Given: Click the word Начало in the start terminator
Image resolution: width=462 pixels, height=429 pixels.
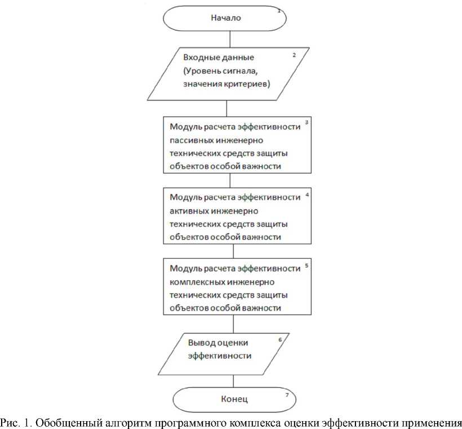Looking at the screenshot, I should point(226,17).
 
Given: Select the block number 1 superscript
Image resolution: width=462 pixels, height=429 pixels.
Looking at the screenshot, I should point(278,10).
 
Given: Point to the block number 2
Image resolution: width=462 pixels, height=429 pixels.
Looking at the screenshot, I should point(294,55).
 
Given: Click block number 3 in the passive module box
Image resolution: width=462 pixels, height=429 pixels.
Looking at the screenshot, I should point(306,123).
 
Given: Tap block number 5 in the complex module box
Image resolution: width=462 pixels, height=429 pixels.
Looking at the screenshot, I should point(306,264).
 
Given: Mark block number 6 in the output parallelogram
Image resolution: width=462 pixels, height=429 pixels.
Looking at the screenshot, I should point(279,340).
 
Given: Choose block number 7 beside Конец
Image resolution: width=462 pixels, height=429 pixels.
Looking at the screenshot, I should point(287,395).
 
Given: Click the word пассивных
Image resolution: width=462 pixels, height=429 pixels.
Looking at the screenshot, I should point(193,140).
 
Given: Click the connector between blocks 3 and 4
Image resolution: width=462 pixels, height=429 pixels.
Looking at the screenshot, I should point(230,180).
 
